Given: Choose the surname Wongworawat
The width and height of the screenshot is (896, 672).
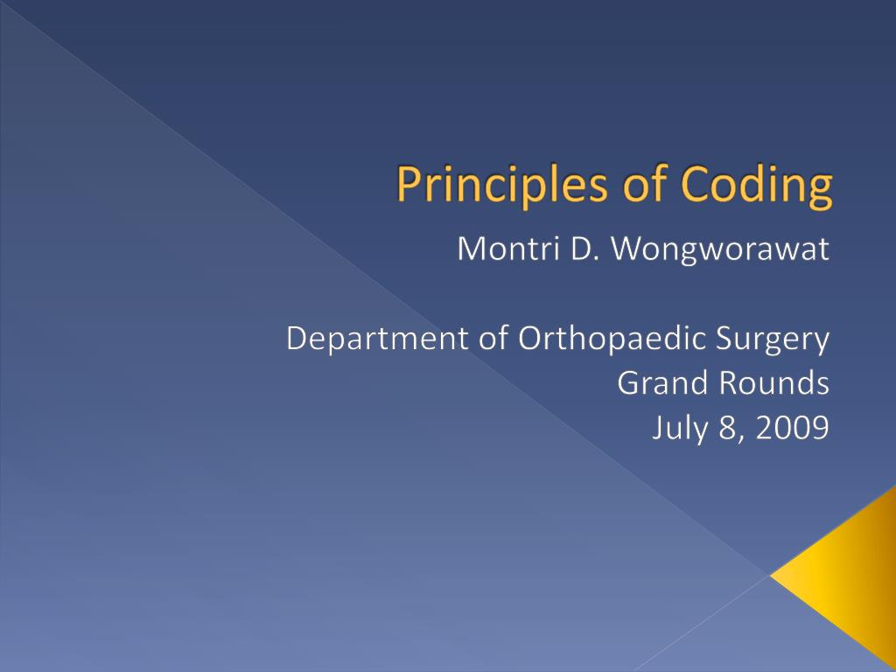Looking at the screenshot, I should coord(720,250).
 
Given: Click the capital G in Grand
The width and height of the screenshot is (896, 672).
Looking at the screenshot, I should coord(627,383).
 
